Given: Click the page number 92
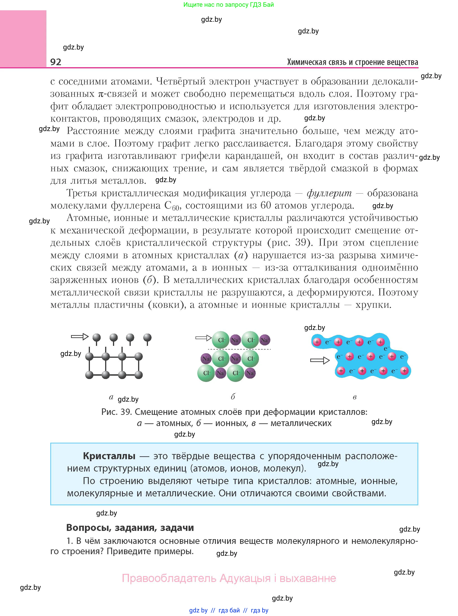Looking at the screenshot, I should pos(56,62).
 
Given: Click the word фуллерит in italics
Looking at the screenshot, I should pos(329,193).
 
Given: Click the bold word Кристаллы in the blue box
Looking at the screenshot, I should pos(109,456).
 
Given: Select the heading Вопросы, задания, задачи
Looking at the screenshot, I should pos(130,527).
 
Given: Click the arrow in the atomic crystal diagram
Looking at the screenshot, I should pos(80,336).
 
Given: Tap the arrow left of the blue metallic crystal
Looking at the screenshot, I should pos(320,360).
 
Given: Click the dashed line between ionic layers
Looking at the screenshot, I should pos(239,349).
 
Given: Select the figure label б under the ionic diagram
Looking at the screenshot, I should pos(233,397).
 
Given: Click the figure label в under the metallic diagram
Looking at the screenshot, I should pos(354,397).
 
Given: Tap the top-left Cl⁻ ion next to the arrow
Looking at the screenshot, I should pos(221,340).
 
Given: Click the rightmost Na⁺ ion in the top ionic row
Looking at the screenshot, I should pos(265,340).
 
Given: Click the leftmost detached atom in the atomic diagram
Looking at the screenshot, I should pos(96,337).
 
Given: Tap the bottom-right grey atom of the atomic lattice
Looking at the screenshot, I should pos(138,375).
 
